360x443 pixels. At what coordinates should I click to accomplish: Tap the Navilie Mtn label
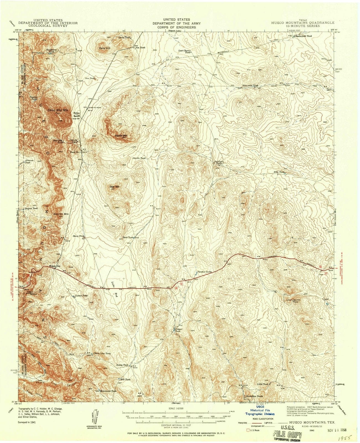(121, 136)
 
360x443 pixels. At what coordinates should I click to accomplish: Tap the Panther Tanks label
(204, 272)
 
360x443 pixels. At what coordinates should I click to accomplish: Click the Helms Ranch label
(76, 115)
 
